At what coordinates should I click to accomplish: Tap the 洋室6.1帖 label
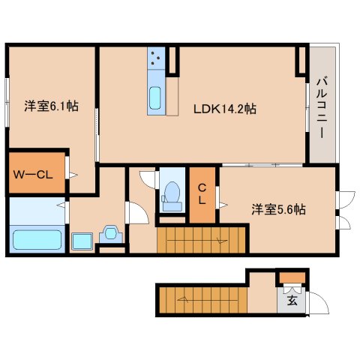[52, 106]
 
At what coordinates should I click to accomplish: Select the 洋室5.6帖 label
[278, 211]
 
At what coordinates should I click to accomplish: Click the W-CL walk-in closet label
[32, 175]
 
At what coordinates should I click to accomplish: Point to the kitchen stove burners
[157, 58]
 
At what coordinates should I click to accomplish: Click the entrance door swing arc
[319, 303]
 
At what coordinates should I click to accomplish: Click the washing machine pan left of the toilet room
[111, 233]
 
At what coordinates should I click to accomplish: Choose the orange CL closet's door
[219, 199]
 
